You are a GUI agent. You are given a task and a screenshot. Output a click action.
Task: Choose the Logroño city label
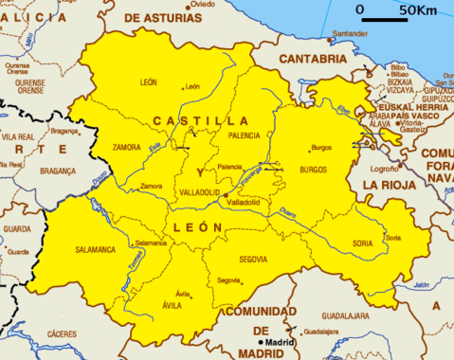[382, 169]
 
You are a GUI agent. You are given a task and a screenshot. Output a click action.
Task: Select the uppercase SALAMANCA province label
[94, 250]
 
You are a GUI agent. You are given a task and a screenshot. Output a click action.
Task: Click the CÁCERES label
[62, 333]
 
